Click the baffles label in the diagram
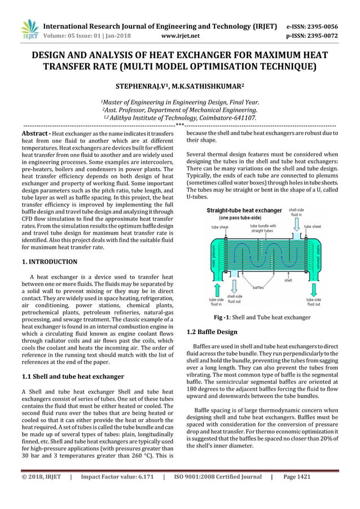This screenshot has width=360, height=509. (x=260, y=288)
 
